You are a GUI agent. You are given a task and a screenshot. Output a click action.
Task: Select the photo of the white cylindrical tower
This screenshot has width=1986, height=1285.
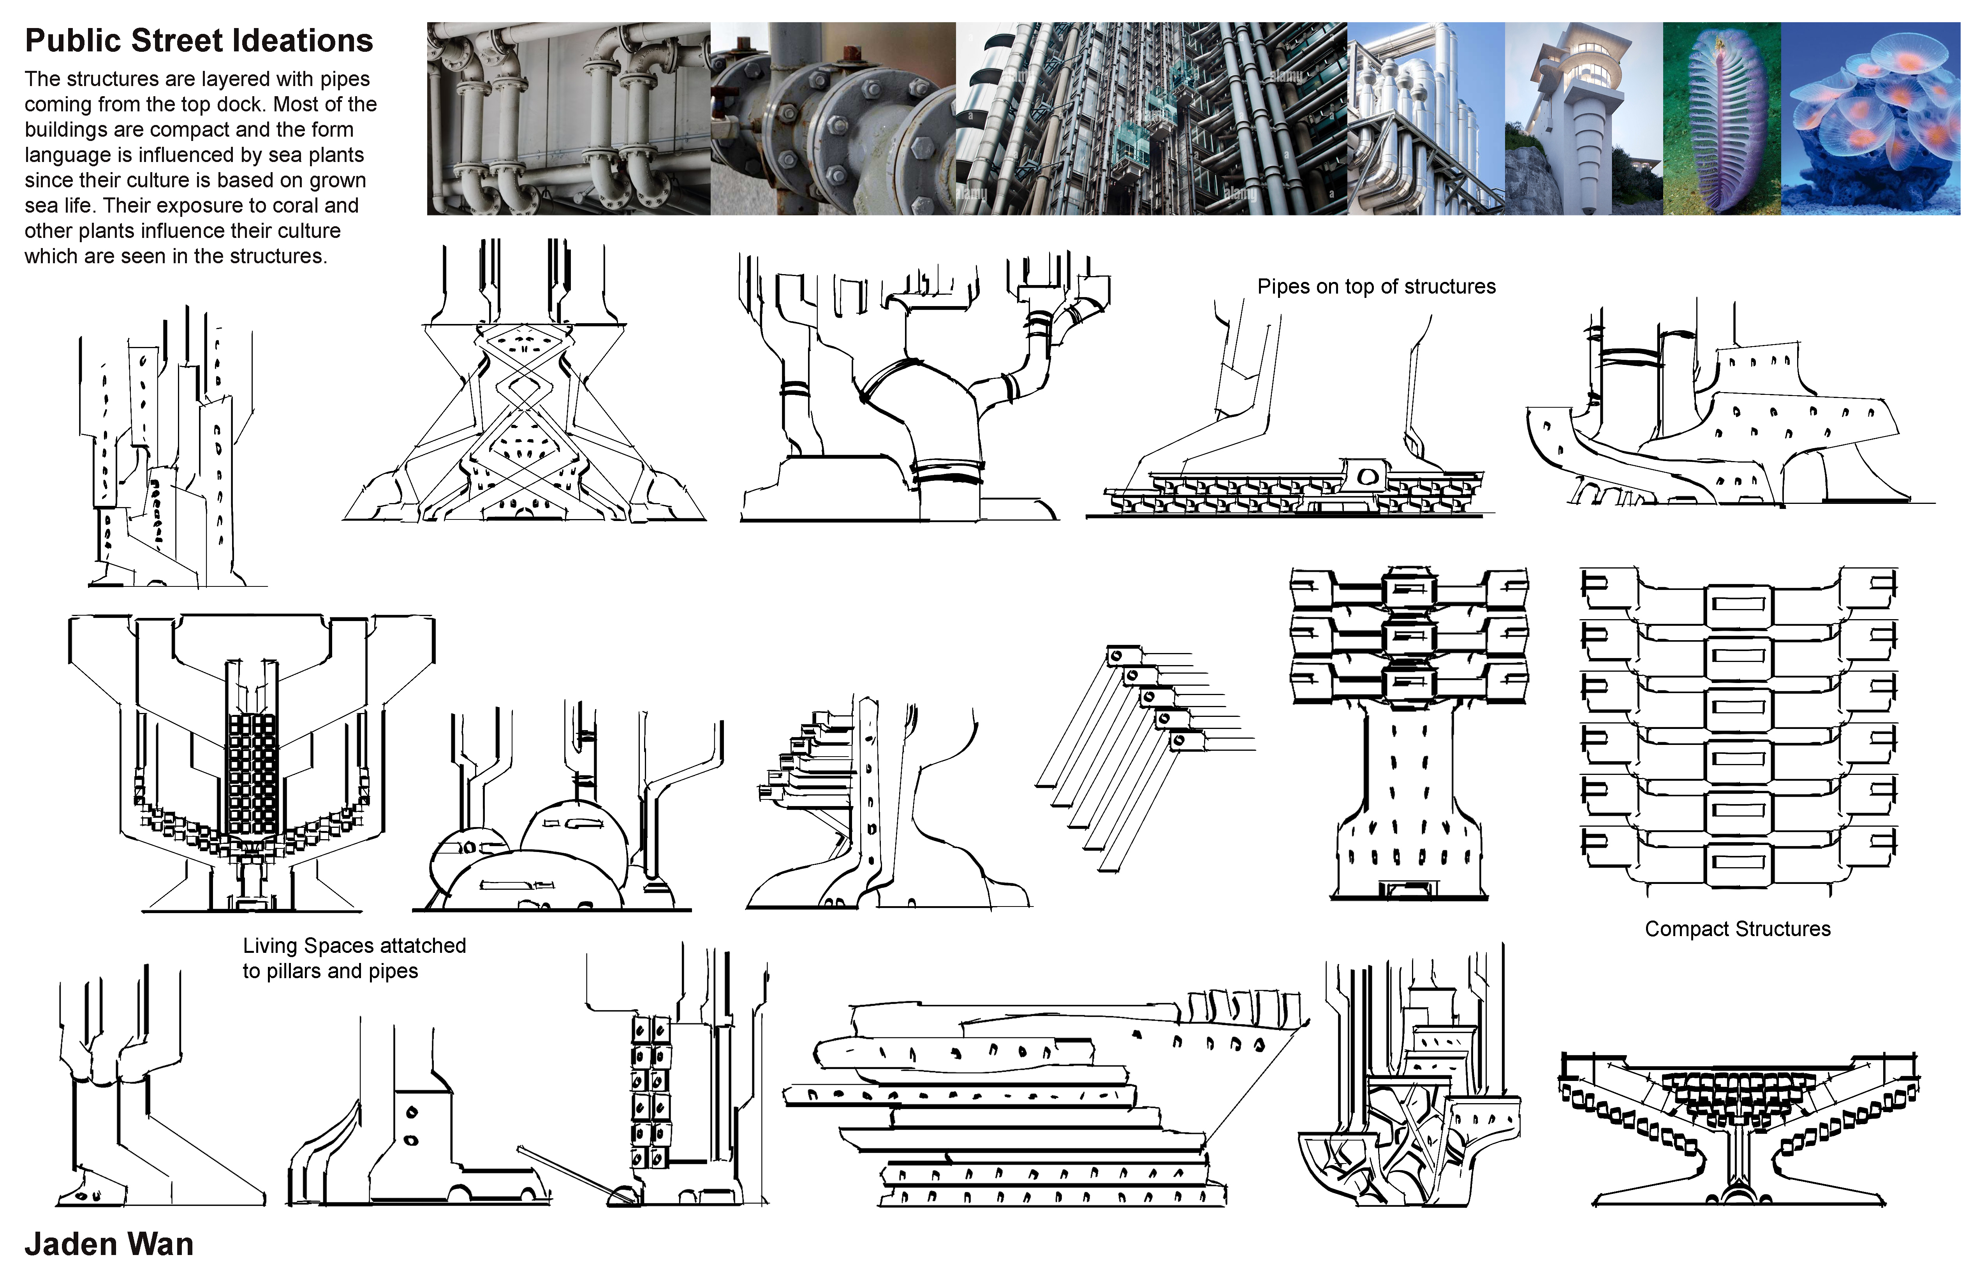click(x=1584, y=118)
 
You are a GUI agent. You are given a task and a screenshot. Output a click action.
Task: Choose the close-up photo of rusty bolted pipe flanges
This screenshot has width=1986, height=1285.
click(x=833, y=118)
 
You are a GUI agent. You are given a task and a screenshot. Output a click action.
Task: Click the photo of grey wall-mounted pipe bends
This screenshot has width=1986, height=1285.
click(x=568, y=118)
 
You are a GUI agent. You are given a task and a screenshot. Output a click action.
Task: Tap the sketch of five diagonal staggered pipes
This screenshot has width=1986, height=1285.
click(x=1145, y=758)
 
